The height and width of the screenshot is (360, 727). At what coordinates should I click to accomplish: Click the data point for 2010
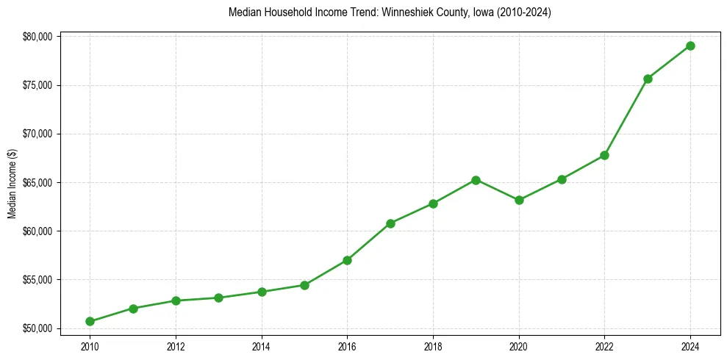point(90,321)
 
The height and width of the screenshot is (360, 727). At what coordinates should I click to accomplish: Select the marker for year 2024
point(690,46)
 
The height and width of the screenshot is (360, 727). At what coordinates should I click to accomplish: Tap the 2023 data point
point(648,79)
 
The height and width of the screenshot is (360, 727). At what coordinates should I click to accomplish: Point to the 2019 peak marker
point(476,180)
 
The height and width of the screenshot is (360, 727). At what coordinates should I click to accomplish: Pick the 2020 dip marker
point(519,200)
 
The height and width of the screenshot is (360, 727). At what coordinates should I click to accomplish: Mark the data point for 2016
point(347,260)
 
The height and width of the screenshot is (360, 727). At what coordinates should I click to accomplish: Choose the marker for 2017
point(390,223)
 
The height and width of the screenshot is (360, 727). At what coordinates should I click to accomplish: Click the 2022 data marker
point(604,155)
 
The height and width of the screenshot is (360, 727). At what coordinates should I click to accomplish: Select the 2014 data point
point(262,292)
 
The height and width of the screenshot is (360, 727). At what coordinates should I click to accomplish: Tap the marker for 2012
point(176,300)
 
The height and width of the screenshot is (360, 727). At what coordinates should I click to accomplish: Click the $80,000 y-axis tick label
point(36,37)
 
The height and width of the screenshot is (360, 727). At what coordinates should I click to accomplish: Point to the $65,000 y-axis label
point(36,182)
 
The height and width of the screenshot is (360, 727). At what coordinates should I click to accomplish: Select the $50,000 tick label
point(36,328)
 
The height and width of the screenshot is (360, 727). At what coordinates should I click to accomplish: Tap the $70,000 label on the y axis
point(36,134)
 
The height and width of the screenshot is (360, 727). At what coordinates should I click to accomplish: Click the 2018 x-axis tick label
point(433,345)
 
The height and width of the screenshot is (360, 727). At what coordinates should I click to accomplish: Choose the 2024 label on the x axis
point(690,345)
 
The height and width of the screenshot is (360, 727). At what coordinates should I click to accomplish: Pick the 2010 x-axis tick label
point(90,345)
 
